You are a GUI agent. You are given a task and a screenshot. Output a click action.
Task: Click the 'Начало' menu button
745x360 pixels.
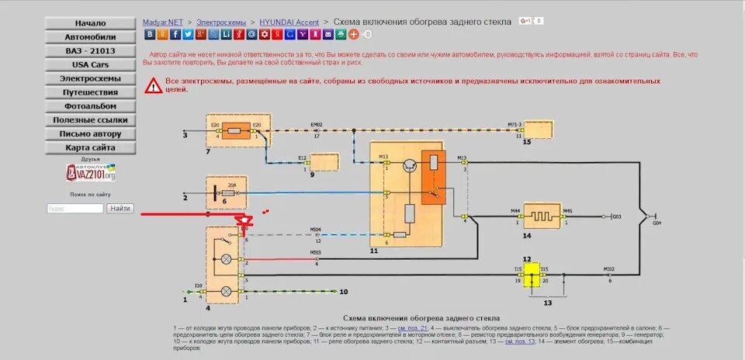coord(91,23)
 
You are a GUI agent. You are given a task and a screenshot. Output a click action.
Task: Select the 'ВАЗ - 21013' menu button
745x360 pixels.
coord(91,51)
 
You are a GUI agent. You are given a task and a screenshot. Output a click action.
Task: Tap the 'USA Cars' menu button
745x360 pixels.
coord(91,65)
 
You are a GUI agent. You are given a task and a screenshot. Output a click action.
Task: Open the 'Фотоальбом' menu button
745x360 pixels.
coord(91,106)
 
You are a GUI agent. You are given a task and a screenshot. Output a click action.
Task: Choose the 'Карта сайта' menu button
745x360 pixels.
coord(91,147)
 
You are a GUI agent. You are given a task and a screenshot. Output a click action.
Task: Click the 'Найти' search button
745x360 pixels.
coord(120,209)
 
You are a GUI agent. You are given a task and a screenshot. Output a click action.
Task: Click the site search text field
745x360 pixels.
coord(75,209)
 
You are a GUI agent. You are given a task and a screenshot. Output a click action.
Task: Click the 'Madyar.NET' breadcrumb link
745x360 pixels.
coord(163,22)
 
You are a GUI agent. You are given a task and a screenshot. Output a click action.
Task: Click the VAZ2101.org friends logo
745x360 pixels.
coord(91,174)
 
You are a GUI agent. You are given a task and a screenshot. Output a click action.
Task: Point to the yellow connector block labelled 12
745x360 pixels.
coord(532,274)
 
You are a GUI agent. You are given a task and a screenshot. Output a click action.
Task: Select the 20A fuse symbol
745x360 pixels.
coord(230,192)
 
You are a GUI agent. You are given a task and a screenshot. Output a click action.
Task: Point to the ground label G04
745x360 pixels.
coord(657,223)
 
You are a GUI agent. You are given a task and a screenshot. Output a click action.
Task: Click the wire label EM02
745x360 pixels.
coord(317,124)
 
